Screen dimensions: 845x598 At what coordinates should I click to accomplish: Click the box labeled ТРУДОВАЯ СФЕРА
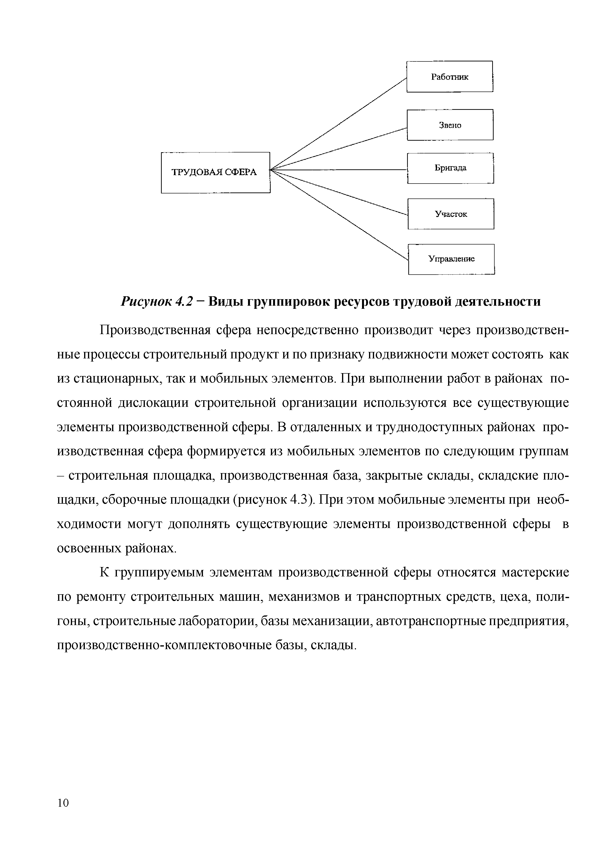(x=215, y=172)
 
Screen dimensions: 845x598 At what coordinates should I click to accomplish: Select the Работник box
(x=450, y=77)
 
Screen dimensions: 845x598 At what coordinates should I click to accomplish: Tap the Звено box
(x=450, y=125)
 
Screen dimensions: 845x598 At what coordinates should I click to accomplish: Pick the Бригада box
(x=450, y=168)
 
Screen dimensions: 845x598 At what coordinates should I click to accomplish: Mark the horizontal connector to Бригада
(x=339, y=170)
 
